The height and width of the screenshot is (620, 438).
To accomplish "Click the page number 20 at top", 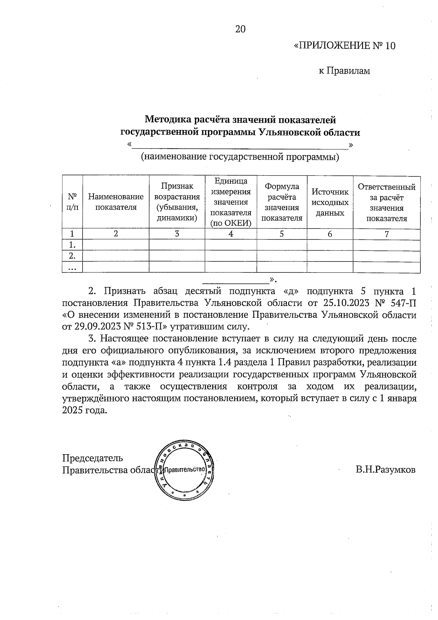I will point(240,29).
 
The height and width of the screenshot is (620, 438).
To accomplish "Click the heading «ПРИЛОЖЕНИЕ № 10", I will point(344,46).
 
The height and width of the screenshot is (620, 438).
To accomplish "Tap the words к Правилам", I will point(344,71).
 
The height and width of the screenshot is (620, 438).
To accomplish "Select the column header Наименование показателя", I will point(116,202).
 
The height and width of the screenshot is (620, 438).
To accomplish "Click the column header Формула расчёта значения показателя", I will point(281,202).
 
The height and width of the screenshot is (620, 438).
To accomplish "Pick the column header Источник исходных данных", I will point(330,202).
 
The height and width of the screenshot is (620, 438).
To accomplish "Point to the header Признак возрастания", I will point(177,202).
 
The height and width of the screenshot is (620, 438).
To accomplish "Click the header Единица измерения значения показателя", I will point(231,202).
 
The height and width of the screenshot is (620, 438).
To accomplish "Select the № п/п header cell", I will point(72,202).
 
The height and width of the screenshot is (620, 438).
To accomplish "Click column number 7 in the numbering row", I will point(386,234).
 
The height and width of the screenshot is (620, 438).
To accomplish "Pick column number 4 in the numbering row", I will point(231,234).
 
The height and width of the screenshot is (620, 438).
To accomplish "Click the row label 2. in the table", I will point(72,256).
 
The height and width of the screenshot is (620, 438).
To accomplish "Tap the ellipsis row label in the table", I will point(72,268).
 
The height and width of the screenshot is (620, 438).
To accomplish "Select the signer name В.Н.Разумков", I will point(385,470).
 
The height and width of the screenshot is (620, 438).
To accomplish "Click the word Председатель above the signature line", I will point(92,458).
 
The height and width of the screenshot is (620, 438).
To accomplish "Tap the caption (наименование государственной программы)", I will point(240,157).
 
